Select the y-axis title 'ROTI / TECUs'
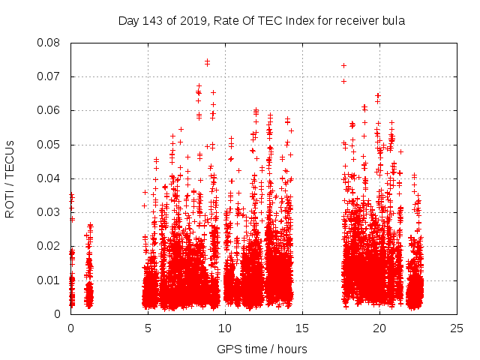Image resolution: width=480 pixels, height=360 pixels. pos(10,178)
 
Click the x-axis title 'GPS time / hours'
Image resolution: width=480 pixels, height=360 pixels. pos(262,349)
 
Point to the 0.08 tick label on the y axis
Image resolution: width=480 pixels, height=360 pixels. pos(51,43)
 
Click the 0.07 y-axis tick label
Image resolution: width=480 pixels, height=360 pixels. pos(51,76)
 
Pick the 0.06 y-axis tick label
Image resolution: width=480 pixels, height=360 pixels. pos(51,110)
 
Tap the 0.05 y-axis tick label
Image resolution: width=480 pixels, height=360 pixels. pos(51,145)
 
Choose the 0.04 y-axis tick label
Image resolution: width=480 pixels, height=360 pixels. pos(51,178)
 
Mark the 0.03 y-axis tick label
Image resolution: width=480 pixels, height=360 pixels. pos(51,212)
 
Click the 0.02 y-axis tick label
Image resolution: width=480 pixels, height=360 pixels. pos(51,246)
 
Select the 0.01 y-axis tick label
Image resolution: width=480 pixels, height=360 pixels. pos(51,280)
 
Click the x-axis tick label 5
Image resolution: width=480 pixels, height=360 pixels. pos(148,328)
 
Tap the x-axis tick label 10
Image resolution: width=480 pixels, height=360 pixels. pos(225,328)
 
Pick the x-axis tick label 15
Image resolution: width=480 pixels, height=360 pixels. pos(302,328)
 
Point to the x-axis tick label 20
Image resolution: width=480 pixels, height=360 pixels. pos(379,328)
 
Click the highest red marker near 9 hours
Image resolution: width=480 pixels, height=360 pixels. pos(207,61)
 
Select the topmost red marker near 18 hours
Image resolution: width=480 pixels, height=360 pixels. pos(343,65)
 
